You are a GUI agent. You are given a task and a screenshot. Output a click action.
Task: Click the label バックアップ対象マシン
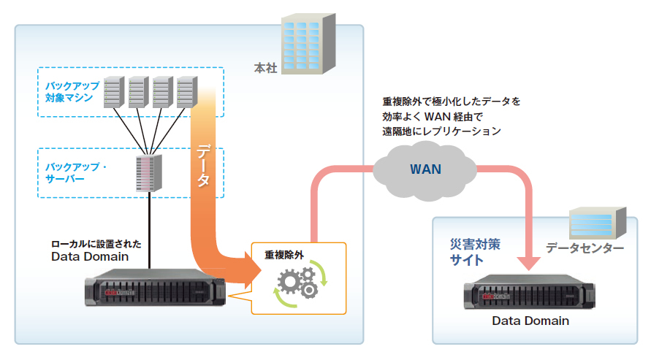(x=69, y=92)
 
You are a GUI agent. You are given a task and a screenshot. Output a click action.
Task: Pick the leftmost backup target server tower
(x=113, y=93)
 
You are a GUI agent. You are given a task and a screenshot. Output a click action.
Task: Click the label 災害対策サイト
(x=474, y=251)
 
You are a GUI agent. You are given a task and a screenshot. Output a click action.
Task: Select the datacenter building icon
(x=598, y=221)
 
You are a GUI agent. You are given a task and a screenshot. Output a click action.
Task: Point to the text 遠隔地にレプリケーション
(x=441, y=131)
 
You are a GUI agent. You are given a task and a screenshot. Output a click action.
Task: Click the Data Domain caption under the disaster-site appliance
(x=530, y=321)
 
